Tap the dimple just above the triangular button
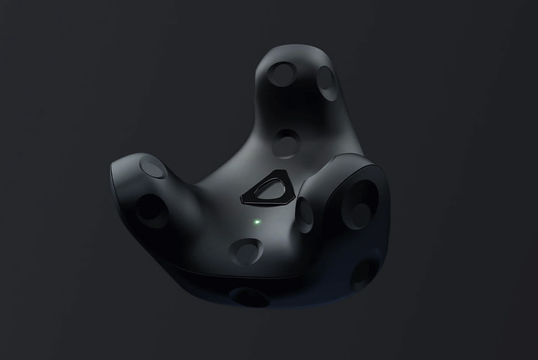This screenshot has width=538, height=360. click(x=287, y=143)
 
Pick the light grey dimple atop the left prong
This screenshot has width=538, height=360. click(x=154, y=168)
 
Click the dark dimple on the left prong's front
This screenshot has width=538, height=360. click(x=149, y=208)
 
